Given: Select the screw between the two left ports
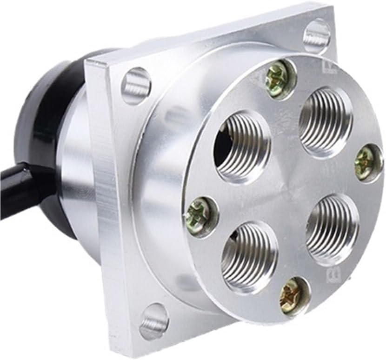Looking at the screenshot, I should tap(201, 215).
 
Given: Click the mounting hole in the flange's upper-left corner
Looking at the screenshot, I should tap(136, 86).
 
